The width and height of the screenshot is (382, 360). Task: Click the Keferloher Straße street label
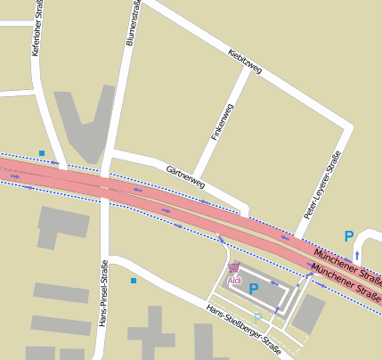point(37,29)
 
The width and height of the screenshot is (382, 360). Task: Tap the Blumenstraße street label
point(134,22)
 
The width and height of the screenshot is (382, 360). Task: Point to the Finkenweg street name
point(223,123)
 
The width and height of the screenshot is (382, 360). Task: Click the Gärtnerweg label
point(185,176)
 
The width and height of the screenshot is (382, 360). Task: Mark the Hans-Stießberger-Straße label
point(242,327)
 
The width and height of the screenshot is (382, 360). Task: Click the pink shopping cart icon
point(234,267)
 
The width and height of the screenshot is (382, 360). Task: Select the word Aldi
point(235,281)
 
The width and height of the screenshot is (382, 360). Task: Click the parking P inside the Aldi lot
point(254,289)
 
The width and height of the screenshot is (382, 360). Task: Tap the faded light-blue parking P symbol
point(257,318)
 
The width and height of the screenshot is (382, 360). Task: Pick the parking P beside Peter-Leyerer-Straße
point(349,237)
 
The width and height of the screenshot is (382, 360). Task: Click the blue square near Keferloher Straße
point(42,153)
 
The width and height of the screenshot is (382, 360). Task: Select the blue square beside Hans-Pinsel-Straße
point(134,281)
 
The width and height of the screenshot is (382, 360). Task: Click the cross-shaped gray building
point(152,335)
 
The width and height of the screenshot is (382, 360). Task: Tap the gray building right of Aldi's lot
point(309,314)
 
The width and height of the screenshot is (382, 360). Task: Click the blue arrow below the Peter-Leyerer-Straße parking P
point(357,255)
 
